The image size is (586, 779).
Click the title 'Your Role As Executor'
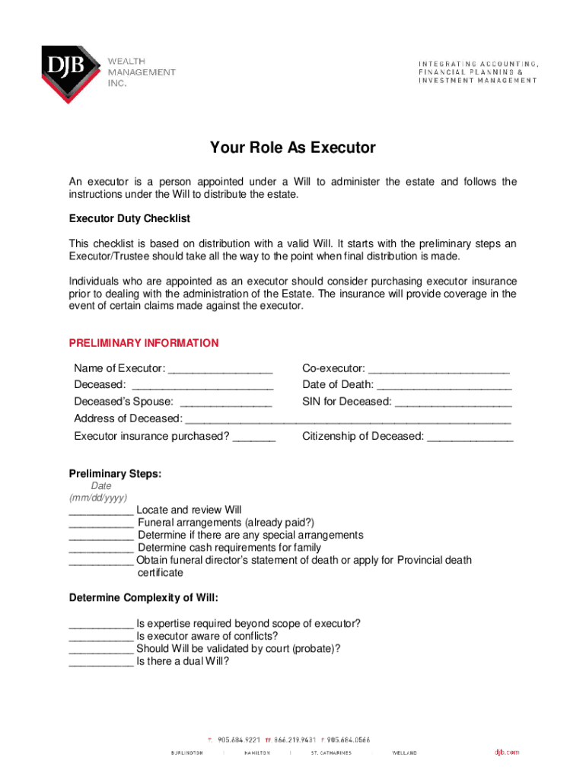click(x=293, y=148)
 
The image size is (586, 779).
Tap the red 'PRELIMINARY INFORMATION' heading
click(x=144, y=343)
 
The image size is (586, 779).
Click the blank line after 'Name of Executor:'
click(x=220, y=370)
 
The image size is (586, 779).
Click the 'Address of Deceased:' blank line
click(x=348, y=420)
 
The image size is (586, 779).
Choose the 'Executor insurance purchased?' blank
click(x=254, y=437)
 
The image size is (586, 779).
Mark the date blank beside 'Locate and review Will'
click(x=101, y=511)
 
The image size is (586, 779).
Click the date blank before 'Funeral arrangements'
click(x=101, y=523)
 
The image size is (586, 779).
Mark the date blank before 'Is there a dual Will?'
click(x=101, y=663)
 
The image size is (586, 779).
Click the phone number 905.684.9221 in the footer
click(x=238, y=739)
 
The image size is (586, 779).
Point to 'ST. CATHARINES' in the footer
click(x=331, y=752)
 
